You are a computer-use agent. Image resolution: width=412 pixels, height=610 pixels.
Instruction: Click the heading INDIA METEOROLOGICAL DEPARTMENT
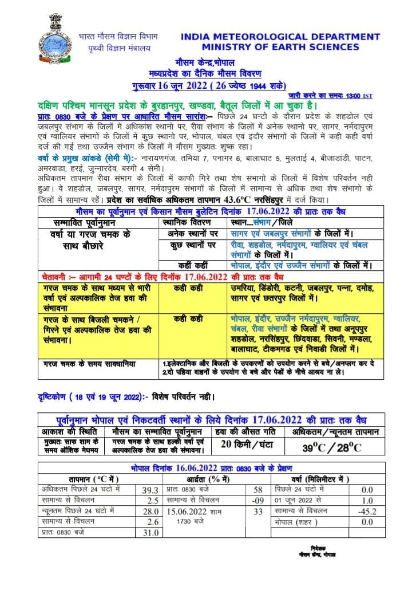pos(280,37)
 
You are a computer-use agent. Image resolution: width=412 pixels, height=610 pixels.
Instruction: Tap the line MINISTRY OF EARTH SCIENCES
pos(280,47)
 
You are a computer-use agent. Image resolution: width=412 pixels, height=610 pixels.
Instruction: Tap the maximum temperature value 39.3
pos(150,490)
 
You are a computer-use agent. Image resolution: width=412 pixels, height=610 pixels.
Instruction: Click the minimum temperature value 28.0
pos(150,511)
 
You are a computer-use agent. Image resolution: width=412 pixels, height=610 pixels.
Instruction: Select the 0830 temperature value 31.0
pos(150,533)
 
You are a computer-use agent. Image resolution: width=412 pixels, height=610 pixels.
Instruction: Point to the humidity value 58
pos(257,490)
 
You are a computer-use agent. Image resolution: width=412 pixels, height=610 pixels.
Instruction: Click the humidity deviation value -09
pos(257,500)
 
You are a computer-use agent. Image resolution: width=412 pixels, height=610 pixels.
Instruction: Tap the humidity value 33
pos(257,511)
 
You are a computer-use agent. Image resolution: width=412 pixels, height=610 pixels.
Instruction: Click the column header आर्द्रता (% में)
pos(208,479)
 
